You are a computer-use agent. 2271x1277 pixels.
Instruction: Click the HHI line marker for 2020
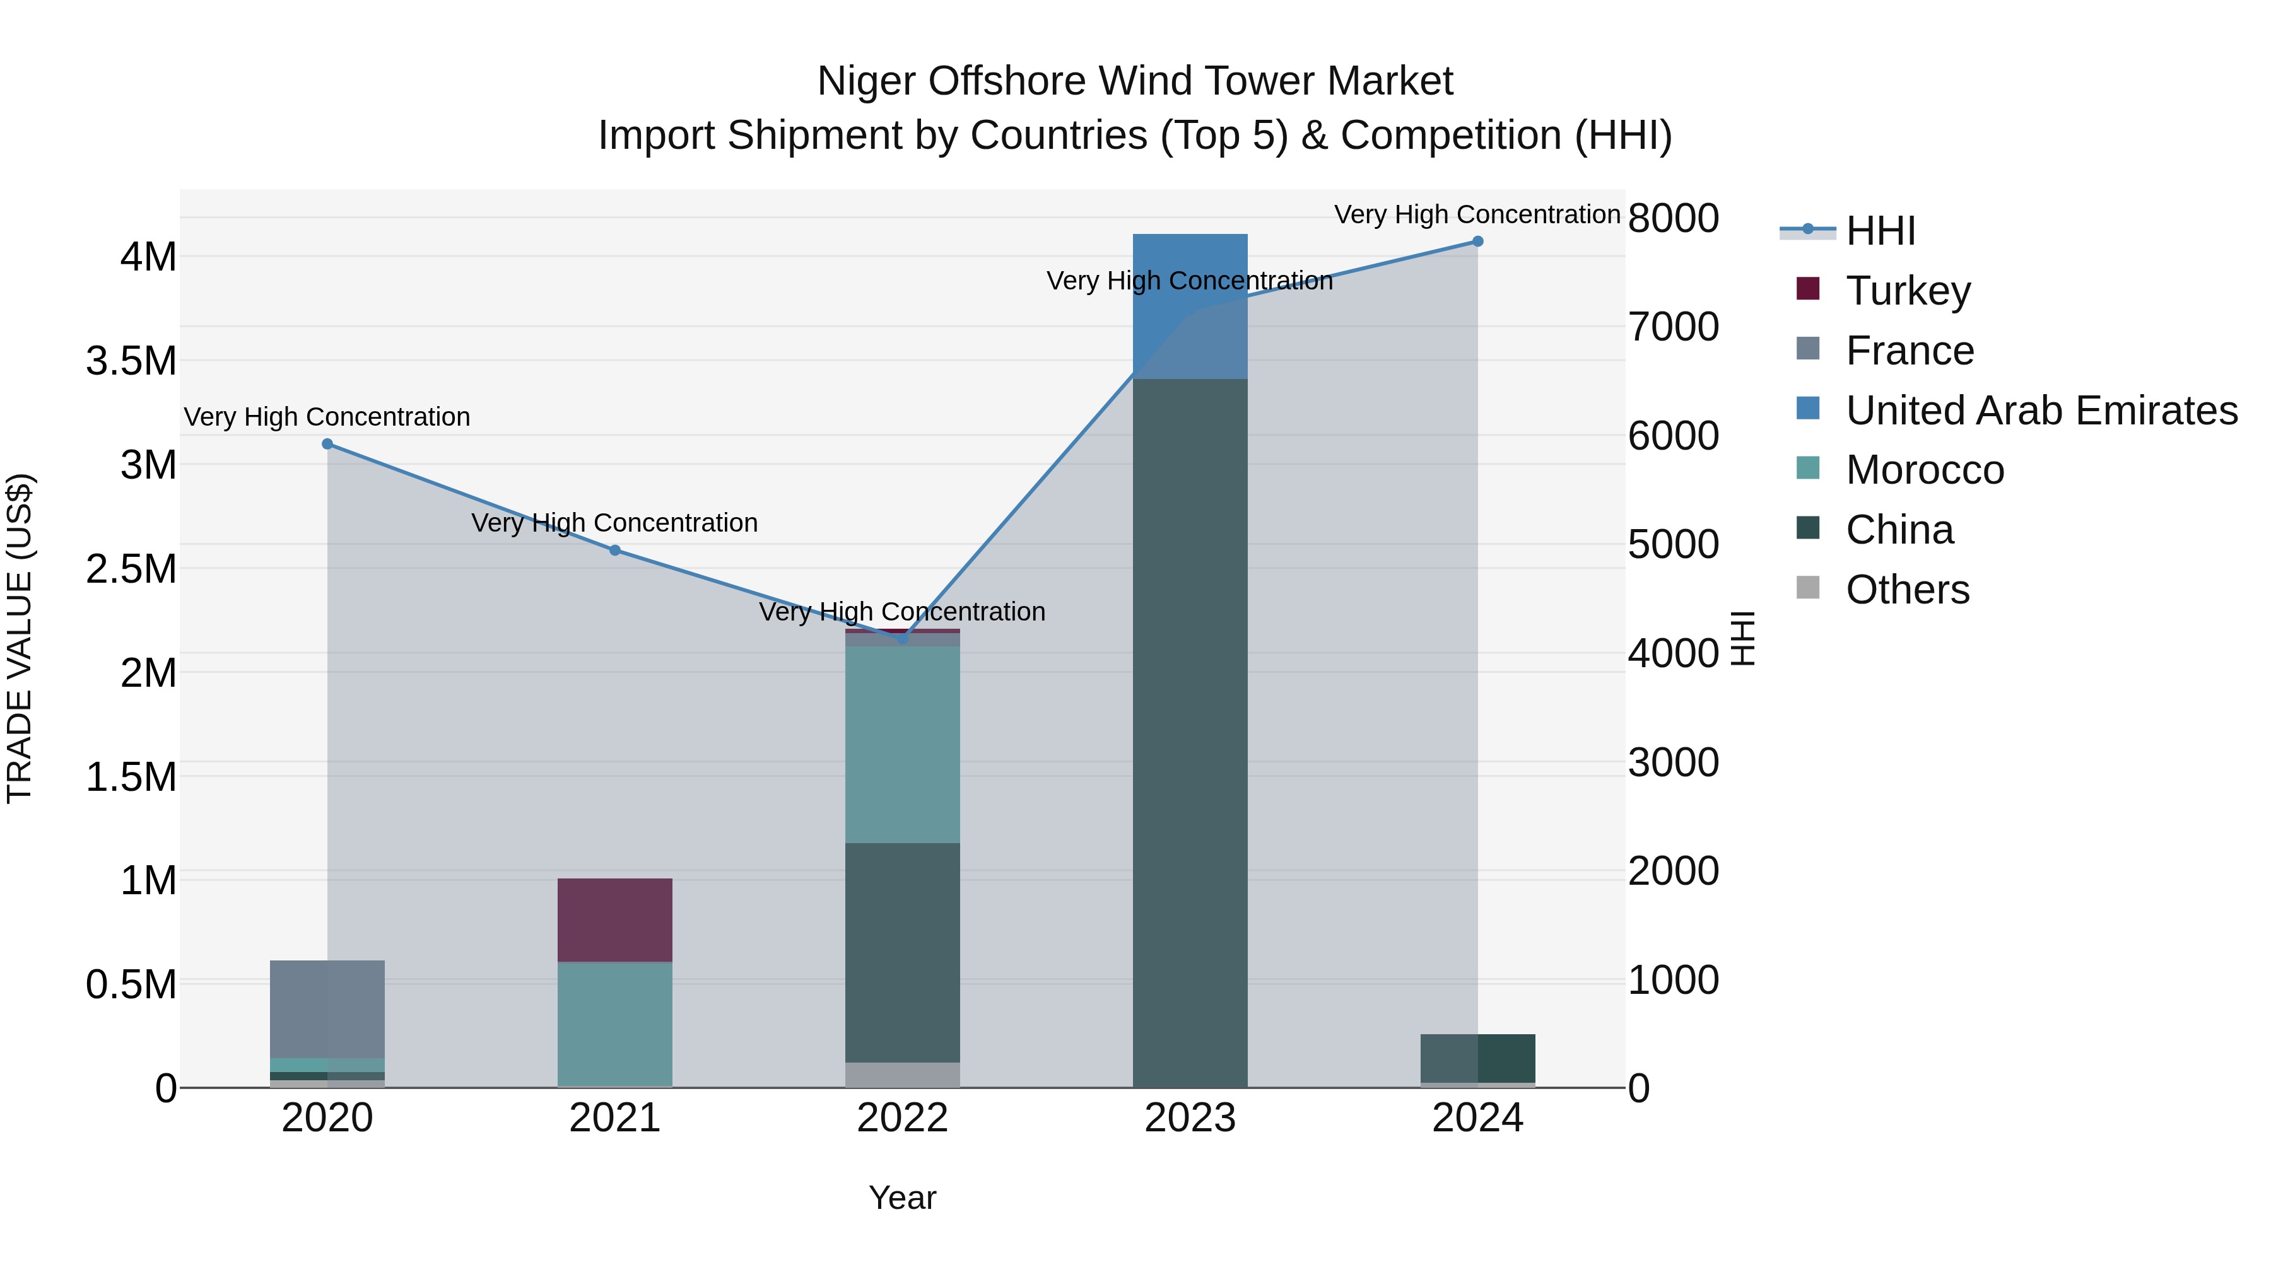[x=327, y=444]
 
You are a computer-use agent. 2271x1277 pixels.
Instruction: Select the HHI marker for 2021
[x=615, y=551]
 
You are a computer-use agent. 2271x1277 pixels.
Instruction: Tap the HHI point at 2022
[x=902, y=639]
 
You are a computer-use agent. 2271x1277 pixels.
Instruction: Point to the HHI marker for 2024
[x=1477, y=242]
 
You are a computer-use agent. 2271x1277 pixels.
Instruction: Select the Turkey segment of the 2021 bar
[x=614, y=919]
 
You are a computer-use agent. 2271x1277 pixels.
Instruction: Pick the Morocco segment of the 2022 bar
[x=902, y=745]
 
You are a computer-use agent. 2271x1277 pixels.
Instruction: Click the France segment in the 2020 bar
[x=327, y=1008]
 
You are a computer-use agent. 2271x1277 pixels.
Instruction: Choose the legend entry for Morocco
[x=1925, y=470]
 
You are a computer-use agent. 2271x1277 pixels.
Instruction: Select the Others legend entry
[x=1907, y=590]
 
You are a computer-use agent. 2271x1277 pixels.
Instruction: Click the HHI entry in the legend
[x=1880, y=231]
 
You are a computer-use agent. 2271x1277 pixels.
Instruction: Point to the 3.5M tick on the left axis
[x=131, y=361]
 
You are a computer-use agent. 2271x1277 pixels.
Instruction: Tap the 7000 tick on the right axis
[x=1672, y=327]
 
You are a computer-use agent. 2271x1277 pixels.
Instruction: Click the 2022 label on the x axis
[x=902, y=1118]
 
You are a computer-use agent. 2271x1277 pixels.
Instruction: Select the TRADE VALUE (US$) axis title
[x=20, y=638]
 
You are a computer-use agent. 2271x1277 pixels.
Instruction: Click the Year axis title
[x=902, y=1198]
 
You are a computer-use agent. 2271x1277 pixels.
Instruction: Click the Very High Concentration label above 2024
[x=1477, y=214]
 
